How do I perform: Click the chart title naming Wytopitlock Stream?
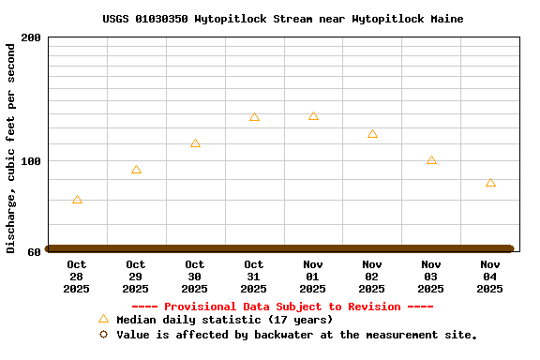pyautogui.click(x=282, y=19)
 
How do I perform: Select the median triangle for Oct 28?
pyautogui.click(x=77, y=200)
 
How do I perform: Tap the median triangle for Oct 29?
pyautogui.click(x=136, y=170)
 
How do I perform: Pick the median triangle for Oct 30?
pyautogui.click(x=195, y=143)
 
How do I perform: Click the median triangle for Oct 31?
pyautogui.click(x=254, y=117)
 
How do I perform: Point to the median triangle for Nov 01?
pyautogui.click(x=313, y=116)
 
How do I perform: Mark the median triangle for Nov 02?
pyautogui.click(x=372, y=134)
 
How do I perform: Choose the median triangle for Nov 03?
pyautogui.click(x=431, y=160)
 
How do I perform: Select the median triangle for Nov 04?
pyautogui.click(x=490, y=183)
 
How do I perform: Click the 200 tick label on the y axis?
pyautogui.click(x=31, y=37)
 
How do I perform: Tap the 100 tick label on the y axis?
pyautogui.click(x=31, y=161)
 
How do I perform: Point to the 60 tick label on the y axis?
pyautogui.click(x=34, y=251)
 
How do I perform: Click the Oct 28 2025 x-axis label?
pyautogui.click(x=77, y=277)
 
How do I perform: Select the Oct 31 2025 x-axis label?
pyautogui.click(x=254, y=277)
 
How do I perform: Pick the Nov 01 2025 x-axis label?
pyautogui.click(x=313, y=277)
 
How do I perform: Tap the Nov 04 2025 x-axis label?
pyautogui.click(x=490, y=277)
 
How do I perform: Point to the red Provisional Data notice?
pyautogui.click(x=282, y=307)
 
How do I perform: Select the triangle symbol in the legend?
pyautogui.click(x=103, y=320)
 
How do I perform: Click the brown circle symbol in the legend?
pyautogui.click(x=103, y=335)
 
